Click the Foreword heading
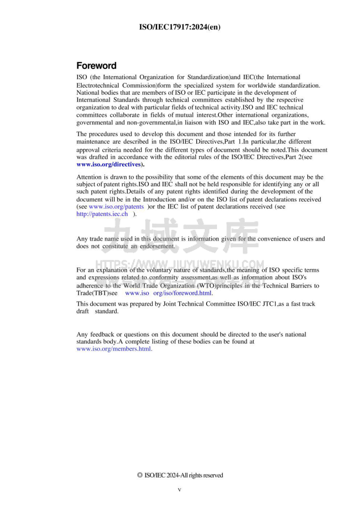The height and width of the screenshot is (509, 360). pos(96,66)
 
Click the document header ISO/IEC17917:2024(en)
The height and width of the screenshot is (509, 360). pos(180,27)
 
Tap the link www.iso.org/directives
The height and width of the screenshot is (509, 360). pos(108,164)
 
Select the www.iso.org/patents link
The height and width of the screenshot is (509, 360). pos(116,207)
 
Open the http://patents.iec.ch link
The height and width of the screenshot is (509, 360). pos(102,214)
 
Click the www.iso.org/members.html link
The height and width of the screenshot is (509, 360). pos(114,349)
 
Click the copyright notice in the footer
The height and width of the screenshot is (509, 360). pos(180,475)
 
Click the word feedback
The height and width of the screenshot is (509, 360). pos(103,334)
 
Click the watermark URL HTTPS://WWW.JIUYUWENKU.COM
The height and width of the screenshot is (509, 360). pos(180,264)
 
